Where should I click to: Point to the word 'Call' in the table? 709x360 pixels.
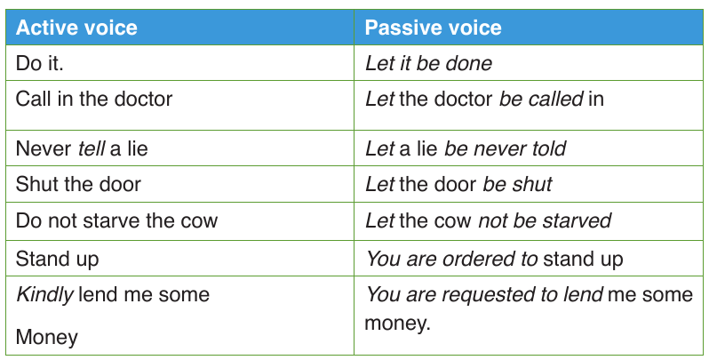[34, 99]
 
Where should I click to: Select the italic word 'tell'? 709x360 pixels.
[92, 148]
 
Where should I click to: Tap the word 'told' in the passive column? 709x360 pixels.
[549, 148]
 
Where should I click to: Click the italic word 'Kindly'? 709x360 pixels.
[44, 295]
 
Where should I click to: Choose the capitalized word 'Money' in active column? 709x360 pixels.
[46, 338]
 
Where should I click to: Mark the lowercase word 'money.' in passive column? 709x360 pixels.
[397, 324]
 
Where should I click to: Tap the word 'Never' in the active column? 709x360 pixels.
[44, 148]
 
